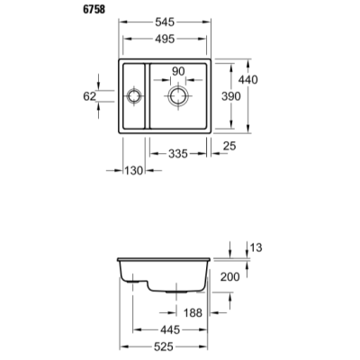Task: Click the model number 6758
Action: coord(94,9)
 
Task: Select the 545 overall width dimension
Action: coord(165,22)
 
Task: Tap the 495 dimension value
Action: coord(165,39)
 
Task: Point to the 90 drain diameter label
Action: coord(178,71)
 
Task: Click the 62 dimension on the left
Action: coord(89,96)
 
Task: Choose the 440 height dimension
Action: coord(247,79)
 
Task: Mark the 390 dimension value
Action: coord(231,96)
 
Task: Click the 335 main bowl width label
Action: coord(178,154)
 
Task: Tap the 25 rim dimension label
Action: coord(229,146)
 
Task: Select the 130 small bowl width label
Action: coord(134,171)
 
